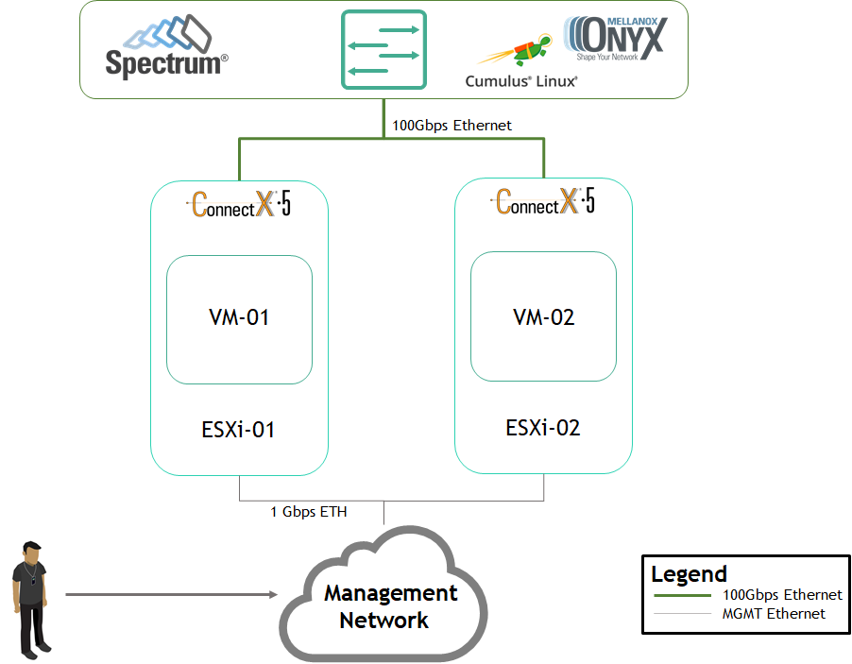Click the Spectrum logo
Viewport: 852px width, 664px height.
pos(167,46)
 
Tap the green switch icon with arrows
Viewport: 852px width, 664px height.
pos(383,49)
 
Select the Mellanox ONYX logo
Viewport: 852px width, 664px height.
pos(616,38)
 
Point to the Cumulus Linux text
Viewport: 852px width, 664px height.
pos(521,81)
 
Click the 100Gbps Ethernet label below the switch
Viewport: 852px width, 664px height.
pos(452,126)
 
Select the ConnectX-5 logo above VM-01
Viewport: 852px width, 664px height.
pos(239,204)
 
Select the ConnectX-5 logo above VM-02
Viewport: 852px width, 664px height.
pos(543,201)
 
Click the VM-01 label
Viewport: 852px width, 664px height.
pos(239,317)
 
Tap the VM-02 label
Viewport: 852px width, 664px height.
pos(543,317)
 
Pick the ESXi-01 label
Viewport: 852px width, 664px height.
pos(238,430)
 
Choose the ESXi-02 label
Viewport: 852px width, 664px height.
pos(543,428)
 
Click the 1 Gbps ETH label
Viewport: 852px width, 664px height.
pos(309,512)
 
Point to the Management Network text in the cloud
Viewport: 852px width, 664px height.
pos(390,606)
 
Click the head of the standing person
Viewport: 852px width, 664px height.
pos(31,552)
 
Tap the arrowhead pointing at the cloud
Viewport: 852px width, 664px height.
pos(273,594)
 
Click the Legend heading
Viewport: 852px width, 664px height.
pos(689,575)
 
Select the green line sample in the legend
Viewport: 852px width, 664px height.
pos(683,596)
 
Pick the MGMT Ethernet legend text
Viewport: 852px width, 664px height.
pos(774,613)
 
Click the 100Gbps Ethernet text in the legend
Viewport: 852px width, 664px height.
pos(782,595)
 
